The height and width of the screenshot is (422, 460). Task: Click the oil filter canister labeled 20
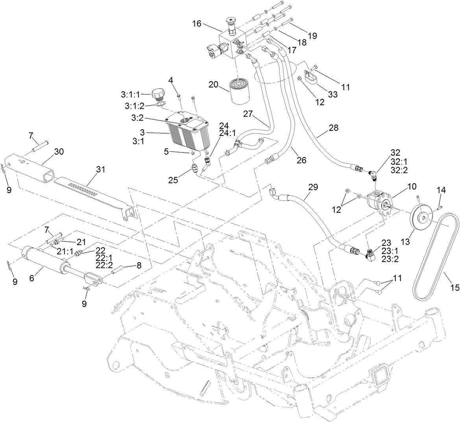(x=238, y=92)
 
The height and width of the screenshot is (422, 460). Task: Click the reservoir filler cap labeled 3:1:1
(x=157, y=95)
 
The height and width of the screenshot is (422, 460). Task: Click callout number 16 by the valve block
(x=197, y=24)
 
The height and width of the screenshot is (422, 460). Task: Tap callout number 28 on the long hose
(x=333, y=128)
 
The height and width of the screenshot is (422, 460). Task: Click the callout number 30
(x=59, y=151)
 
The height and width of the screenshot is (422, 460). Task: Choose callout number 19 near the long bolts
(x=312, y=36)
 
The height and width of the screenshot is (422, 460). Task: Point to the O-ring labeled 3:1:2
(x=160, y=104)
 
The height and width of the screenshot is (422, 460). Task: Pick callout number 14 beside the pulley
(x=442, y=190)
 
